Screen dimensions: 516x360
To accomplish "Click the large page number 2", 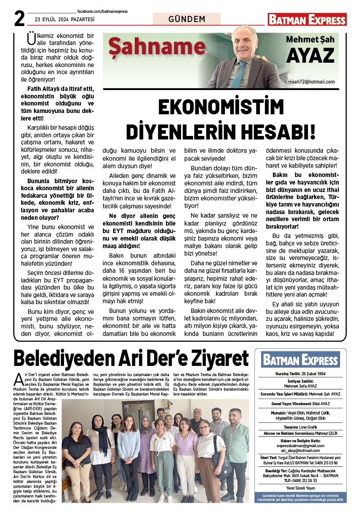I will click(19, 18).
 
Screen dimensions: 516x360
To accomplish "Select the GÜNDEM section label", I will click(187, 19).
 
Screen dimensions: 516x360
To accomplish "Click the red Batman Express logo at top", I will click(307, 19).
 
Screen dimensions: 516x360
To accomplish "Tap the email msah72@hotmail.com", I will click(311, 82).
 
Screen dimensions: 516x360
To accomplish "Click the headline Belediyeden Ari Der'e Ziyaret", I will click(131, 358).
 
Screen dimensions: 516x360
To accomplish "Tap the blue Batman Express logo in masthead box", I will click(300, 359).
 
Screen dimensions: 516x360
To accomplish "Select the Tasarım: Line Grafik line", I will click(300, 427).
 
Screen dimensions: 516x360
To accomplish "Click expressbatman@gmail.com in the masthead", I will click(300, 446).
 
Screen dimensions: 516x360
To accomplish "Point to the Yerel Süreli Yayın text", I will click(300, 488).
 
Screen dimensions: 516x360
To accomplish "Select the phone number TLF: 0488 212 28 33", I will click(300, 480).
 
